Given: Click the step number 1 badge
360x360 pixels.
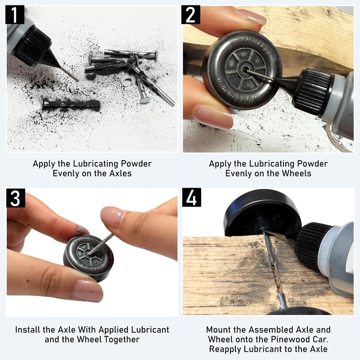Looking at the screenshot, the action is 15,15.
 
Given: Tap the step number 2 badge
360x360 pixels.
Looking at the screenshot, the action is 190,15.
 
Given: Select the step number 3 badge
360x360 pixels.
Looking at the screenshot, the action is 16,198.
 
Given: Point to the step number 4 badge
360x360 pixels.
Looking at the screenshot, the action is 192,198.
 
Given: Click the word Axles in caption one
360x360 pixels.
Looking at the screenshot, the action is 120,173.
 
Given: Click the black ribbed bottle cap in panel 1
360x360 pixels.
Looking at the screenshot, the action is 32,46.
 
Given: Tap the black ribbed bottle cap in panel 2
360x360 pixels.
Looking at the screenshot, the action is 312,91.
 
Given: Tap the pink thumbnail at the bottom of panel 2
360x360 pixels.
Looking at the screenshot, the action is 213,117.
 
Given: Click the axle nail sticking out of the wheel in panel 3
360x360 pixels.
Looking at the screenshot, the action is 100,244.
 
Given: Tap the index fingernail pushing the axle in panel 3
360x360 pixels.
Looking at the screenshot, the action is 112,216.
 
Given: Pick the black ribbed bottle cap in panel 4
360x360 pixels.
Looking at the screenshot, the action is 311,245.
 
